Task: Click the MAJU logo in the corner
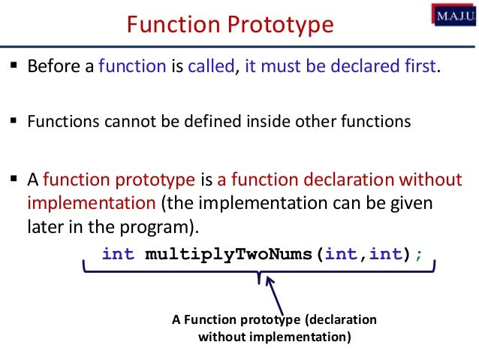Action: pyautogui.click(x=453, y=14)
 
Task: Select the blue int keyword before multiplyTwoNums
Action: pyautogui.click(x=118, y=254)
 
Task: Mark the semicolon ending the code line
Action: pyautogui.click(x=419, y=254)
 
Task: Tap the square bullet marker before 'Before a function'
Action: pyautogui.click(x=14, y=66)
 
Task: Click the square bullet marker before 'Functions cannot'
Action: pyautogui.click(x=14, y=121)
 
